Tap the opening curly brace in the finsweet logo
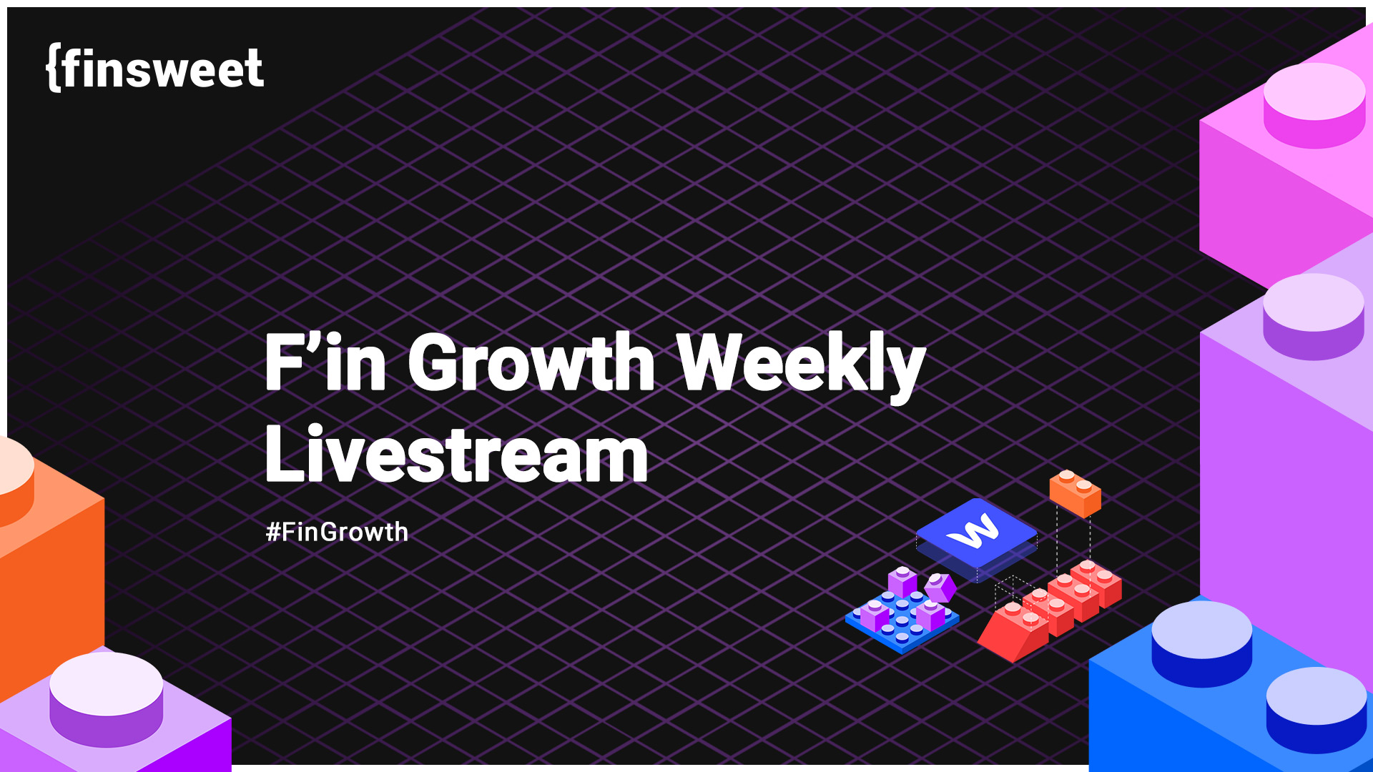pos(52,68)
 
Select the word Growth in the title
pos(531,362)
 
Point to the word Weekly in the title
pos(800,362)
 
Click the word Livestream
pos(456,455)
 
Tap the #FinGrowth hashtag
pos(337,532)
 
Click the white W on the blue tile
pos(973,532)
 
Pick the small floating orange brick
pos(1075,493)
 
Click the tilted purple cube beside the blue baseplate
pos(940,588)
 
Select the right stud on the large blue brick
pos(1317,708)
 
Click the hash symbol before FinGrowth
pos(272,533)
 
